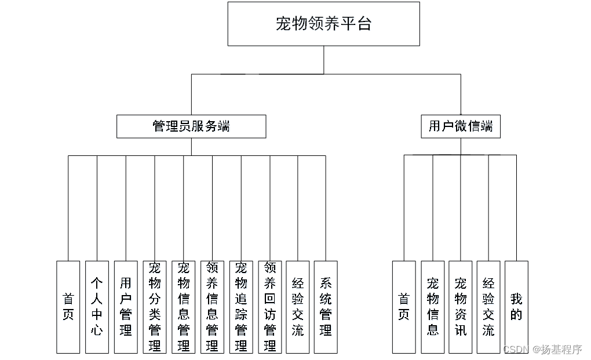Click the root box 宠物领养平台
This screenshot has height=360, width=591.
[x=323, y=24]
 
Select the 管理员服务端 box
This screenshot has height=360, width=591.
[x=191, y=126]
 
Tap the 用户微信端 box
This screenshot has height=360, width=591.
[x=461, y=126]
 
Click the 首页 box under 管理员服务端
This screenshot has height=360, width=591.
[x=68, y=307]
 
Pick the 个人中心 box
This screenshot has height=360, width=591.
[x=97, y=307]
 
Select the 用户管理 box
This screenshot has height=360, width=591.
[x=126, y=307]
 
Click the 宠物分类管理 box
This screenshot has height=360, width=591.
[x=154, y=307]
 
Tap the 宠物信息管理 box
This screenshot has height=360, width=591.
[x=183, y=307]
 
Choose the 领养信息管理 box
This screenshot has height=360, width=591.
[x=212, y=307]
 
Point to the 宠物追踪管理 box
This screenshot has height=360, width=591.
[x=241, y=307]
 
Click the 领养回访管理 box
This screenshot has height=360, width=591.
[x=269, y=307]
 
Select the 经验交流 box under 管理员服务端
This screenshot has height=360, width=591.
[x=298, y=307]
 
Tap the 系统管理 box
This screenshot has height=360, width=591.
[x=326, y=307]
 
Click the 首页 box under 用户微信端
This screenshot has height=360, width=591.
[x=404, y=307]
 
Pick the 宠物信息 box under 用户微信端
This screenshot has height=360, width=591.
[x=432, y=307]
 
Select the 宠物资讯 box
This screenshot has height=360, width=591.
[x=461, y=307]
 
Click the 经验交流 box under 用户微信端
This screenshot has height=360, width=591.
[x=488, y=307]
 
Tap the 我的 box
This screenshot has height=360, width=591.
[x=516, y=307]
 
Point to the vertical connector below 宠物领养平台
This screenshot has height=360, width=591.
[x=324, y=60]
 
